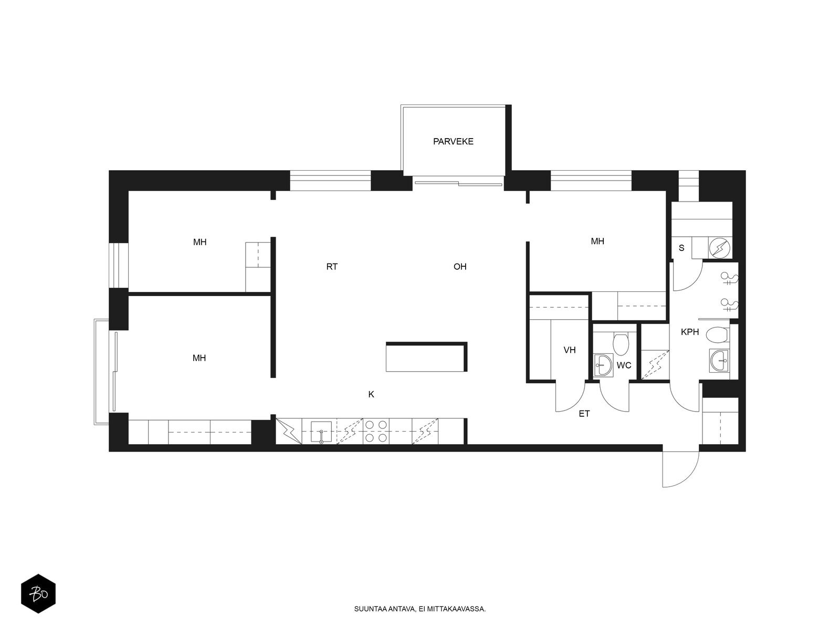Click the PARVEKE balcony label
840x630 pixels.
pyautogui.click(x=453, y=142)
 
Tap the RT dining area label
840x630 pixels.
pyautogui.click(x=332, y=267)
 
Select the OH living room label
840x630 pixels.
pyautogui.click(x=459, y=267)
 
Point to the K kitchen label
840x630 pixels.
pyautogui.click(x=371, y=394)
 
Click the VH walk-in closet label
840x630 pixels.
pyautogui.click(x=570, y=350)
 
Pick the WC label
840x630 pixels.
pyautogui.click(x=623, y=365)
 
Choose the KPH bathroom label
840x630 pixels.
pyautogui.click(x=690, y=332)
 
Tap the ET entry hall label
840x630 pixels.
pyautogui.click(x=584, y=414)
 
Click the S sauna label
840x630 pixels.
pyautogui.click(x=681, y=248)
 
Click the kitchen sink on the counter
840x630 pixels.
pyautogui.click(x=321, y=432)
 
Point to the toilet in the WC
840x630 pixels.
pyautogui.click(x=621, y=343)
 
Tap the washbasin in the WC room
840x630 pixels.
pyautogui.click(x=603, y=365)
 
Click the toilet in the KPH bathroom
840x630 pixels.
pyautogui.click(x=717, y=335)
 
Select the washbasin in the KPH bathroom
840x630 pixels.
pyautogui.click(x=719, y=360)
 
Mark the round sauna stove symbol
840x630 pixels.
pyautogui.click(x=719, y=248)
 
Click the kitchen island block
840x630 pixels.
pyautogui.click(x=426, y=357)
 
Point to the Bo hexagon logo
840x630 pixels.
pyautogui.click(x=38, y=594)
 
